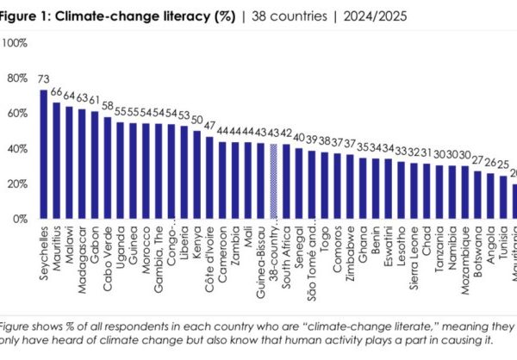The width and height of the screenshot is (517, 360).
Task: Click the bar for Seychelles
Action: [x=43, y=155]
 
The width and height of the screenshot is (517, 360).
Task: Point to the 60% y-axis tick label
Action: [x=17, y=113]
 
